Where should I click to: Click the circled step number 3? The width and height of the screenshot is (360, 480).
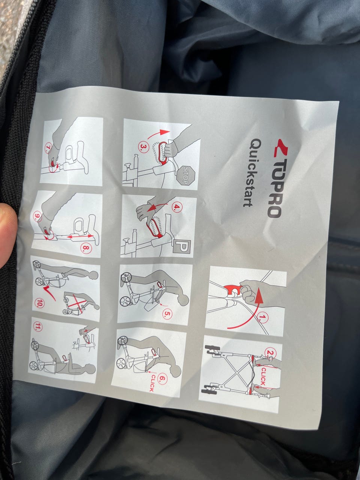pyautogui.click(x=144, y=148)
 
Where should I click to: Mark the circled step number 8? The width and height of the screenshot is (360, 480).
pyautogui.click(x=85, y=248)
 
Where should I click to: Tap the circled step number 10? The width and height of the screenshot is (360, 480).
pyautogui.click(x=39, y=303)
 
